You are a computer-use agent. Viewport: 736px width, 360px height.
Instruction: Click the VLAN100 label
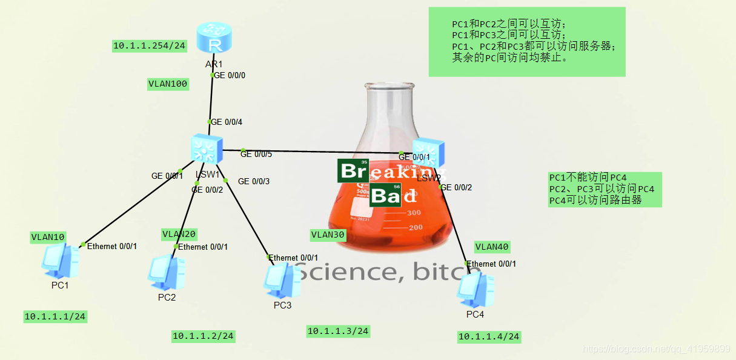tap(168, 84)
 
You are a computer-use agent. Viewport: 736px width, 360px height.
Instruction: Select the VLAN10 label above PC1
tap(48, 237)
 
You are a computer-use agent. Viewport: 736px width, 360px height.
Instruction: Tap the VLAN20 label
tap(179, 233)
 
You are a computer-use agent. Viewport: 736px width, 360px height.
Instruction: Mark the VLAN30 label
tap(327, 235)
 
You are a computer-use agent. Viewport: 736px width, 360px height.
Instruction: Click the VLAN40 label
tap(492, 246)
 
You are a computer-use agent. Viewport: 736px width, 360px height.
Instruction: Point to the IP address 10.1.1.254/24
tap(149, 45)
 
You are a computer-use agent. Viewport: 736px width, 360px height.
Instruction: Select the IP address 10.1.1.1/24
tap(55, 316)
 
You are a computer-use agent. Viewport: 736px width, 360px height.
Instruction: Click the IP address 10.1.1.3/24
tap(338, 330)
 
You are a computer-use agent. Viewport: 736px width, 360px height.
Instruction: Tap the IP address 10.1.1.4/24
tap(489, 336)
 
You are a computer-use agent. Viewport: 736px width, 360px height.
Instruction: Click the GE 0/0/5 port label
tap(256, 155)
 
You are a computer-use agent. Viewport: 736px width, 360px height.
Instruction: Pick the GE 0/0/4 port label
tap(227, 122)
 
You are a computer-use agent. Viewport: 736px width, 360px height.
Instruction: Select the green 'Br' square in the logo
tap(353, 172)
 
